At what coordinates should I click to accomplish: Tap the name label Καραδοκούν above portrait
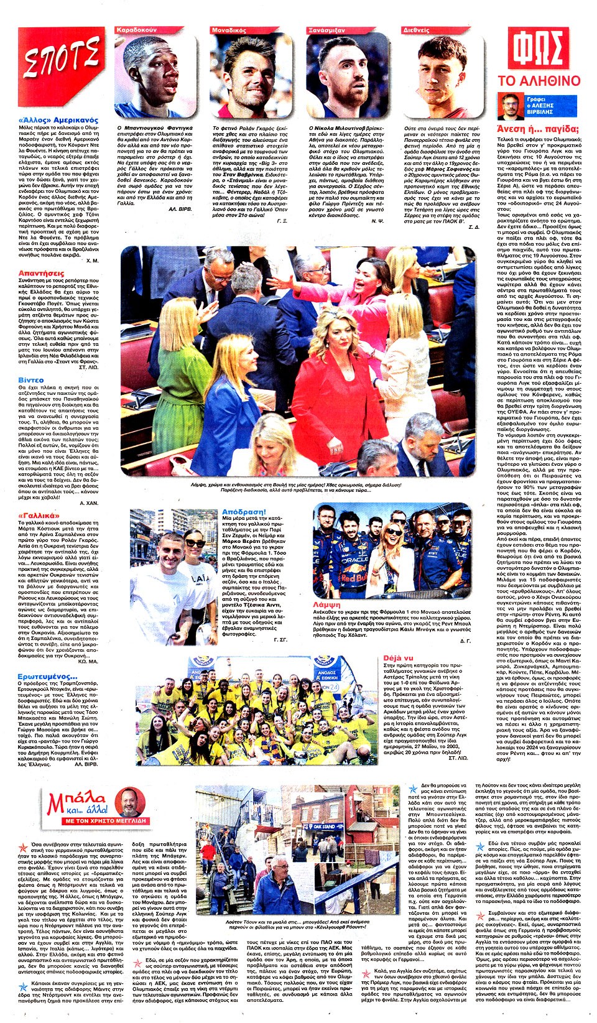(x=136, y=30)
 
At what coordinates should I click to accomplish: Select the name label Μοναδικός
(x=229, y=30)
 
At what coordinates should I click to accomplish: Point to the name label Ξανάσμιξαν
(x=326, y=30)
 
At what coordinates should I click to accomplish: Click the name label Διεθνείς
(x=416, y=30)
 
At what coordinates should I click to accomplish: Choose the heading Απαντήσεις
(x=41, y=273)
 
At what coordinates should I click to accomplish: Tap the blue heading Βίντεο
(x=31, y=379)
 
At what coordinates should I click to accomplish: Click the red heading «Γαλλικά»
(x=39, y=516)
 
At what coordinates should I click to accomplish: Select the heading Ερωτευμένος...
(x=47, y=676)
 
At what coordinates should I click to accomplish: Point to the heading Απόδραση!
(x=244, y=512)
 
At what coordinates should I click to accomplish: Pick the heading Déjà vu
(x=398, y=657)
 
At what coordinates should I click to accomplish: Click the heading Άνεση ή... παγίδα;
(x=538, y=129)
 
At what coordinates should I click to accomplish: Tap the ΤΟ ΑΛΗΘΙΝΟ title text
(x=539, y=81)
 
